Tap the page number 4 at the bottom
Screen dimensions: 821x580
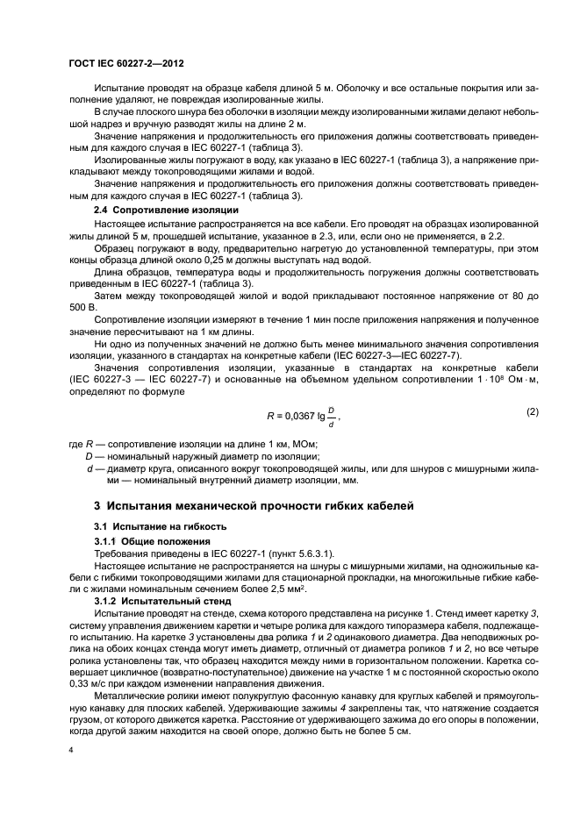70,750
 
